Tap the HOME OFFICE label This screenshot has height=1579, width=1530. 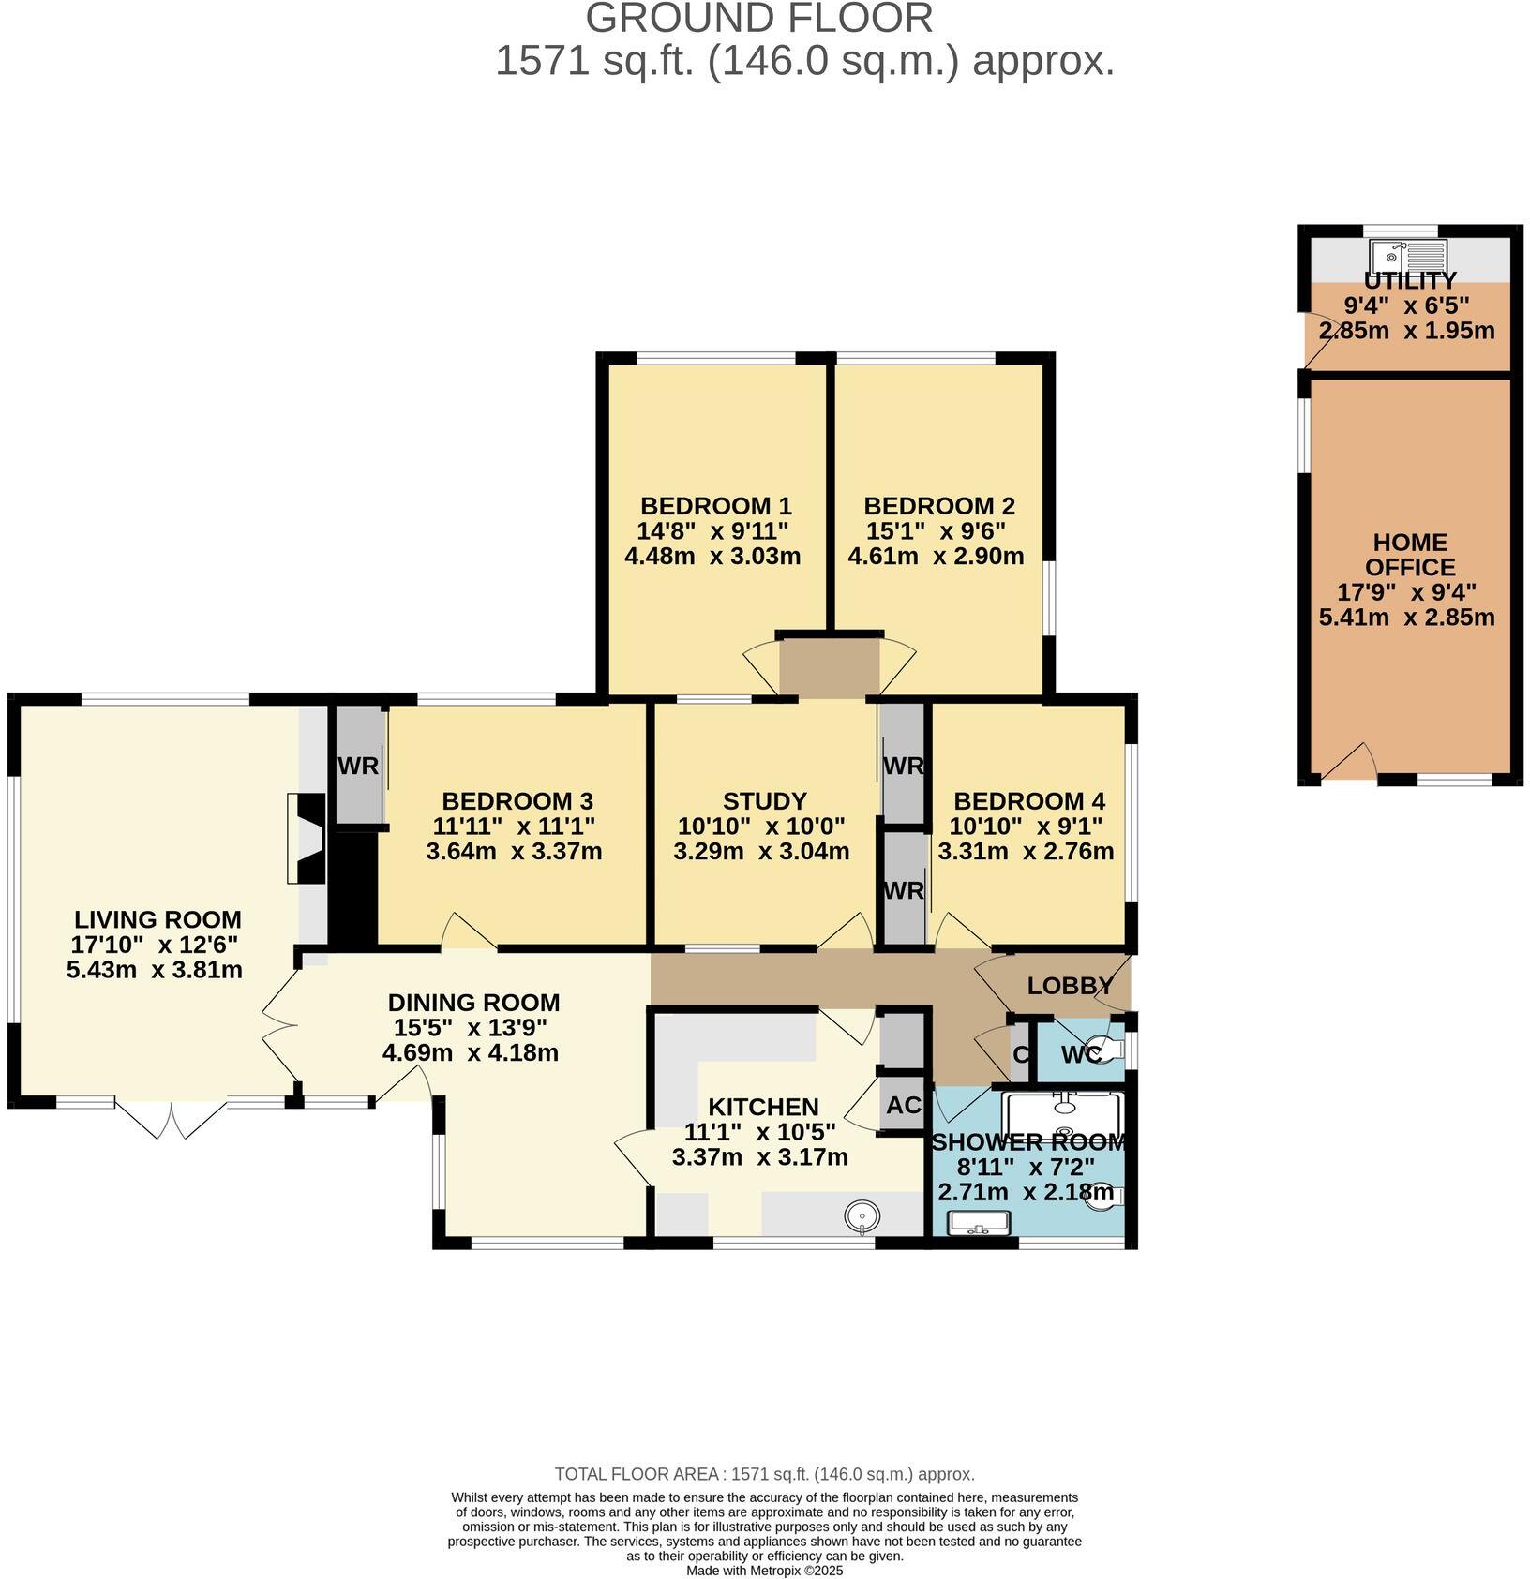[1410, 555]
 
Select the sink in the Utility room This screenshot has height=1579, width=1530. [1408, 254]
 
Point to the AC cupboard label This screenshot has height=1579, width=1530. [904, 1105]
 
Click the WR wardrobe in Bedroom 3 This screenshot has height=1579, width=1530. [359, 766]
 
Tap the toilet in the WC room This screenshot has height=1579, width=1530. [1110, 1049]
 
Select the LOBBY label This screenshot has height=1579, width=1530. [1070, 986]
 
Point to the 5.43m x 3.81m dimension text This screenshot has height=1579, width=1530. [155, 969]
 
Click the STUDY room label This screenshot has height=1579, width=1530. [765, 801]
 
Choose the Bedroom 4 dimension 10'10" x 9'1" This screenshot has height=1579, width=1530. [1026, 827]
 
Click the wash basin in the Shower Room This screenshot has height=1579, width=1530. [979, 1224]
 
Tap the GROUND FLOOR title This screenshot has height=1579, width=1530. [760, 19]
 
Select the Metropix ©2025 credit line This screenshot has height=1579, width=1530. [765, 1570]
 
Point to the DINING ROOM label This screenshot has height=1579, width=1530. [473, 1003]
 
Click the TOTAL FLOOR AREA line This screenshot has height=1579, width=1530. [765, 1474]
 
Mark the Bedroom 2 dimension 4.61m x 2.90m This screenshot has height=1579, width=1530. [936, 556]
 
